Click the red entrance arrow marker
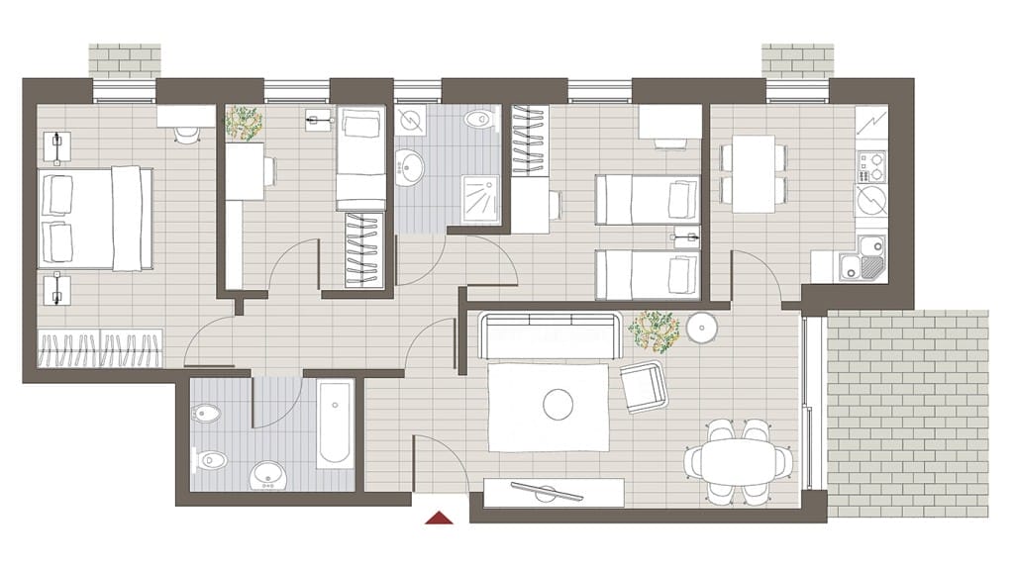click(438, 516)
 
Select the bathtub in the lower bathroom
click(334, 425)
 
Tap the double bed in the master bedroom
click(95, 218)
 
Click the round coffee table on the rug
click(558, 403)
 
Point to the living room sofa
click(550, 335)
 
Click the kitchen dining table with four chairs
click(753, 174)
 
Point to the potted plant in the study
click(244, 124)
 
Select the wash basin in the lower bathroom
click(267, 476)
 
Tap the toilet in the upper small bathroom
click(478, 121)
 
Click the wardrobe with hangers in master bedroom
click(99, 349)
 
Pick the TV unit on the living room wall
click(554, 491)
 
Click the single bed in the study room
click(360, 158)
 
